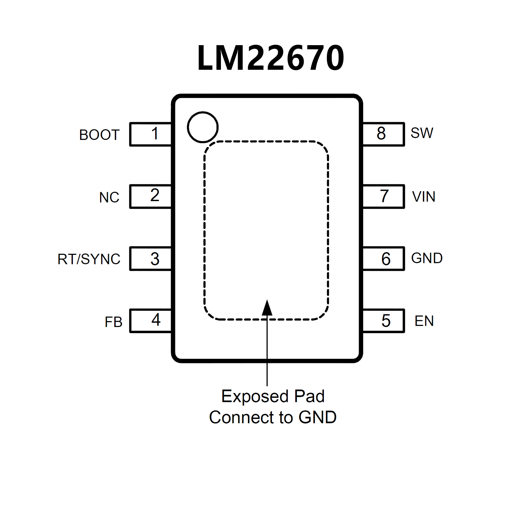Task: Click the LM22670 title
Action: pyautogui.click(x=271, y=58)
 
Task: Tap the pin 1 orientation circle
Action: pyautogui.click(x=203, y=127)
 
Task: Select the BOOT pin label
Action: pyautogui.click(x=99, y=135)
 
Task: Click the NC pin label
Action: pyautogui.click(x=109, y=197)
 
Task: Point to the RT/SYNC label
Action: pyautogui.click(x=89, y=259)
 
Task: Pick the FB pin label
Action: pyautogui.click(x=114, y=322)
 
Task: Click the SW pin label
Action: pyautogui.click(x=422, y=133)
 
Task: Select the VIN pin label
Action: pyautogui.click(x=423, y=197)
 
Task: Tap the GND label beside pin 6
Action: pyautogui.click(x=427, y=258)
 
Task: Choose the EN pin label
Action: pyautogui.click(x=424, y=321)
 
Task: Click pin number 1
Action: pyautogui.click(x=155, y=133)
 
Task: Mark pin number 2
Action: pyautogui.click(x=155, y=195)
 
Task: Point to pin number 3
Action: pyautogui.click(x=155, y=259)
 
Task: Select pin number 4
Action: pyautogui.click(x=156, y=320)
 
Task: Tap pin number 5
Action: pyautogui.click(x=386, y=321)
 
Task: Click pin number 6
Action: pyautogui.click(x=386, y=259)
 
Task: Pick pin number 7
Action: pyautogui.click(x=384, y=196)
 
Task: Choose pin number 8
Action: pyautogui.click(x=381, y=133)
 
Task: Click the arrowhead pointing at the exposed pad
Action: pyautogui.click(x=267, y=308)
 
